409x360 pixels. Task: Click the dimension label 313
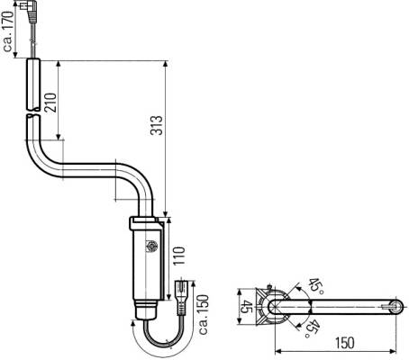point(157,125)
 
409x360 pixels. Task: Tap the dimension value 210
point(50,103)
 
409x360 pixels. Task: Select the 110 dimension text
point(179,256)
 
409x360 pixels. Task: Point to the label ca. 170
point(9,31)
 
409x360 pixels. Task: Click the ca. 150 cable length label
point(203,314)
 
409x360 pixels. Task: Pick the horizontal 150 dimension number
point(344,343)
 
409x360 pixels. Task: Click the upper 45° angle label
point(316,286)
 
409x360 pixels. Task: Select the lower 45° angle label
point(312,328)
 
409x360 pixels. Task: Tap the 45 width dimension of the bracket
point(248,306)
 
